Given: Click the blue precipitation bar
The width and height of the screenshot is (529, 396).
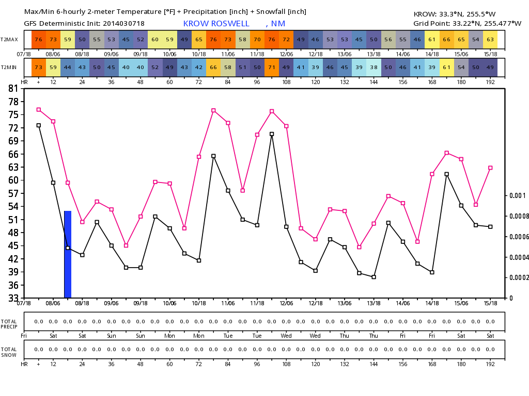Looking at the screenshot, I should click(x=68, y=254).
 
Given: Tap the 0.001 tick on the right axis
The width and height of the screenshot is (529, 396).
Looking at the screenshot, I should click(x=518, y=195).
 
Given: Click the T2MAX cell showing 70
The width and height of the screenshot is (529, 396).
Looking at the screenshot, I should click(x=257, y=40).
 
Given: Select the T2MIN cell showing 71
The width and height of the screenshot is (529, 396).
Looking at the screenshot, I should click(x=272, y=68).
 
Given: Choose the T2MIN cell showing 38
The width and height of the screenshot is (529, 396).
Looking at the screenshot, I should click(x=374, y=68).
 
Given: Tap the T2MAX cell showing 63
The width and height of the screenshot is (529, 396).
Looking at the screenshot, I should click(x=490, y=40).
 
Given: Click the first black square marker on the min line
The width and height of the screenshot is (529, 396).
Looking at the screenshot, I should click(x=39, y=125).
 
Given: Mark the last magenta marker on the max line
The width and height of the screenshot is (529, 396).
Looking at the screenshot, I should click(x=490, y=168).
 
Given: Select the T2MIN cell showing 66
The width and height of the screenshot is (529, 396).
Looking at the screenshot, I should click(x=213, y=68).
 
